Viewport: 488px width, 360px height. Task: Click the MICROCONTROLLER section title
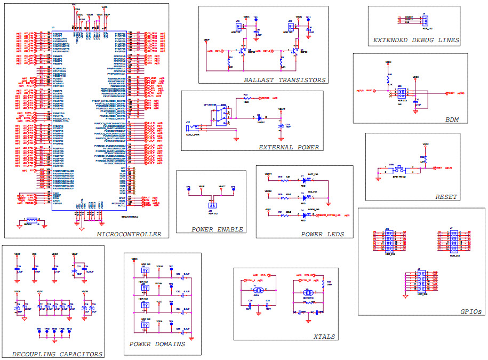click(x=129, y=234)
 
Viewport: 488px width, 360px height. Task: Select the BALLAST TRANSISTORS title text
click(x=284, y=80)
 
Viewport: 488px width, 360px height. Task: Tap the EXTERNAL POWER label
click(x=289, y=147)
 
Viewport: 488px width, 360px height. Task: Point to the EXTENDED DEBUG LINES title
click(x=416, y=40)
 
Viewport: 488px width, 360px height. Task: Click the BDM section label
click(x=452, y=119)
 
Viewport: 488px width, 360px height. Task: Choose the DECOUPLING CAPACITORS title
click(x=57, y=354)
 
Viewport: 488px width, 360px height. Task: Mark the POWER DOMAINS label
click(x=157, y=344)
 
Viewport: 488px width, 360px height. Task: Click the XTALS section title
click(x=324, y=337)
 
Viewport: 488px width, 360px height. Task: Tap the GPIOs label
click(x=471, y=311)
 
